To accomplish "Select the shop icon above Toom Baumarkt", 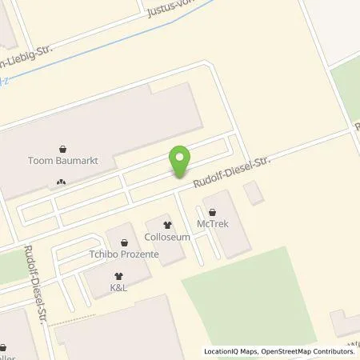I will tap(62, 148).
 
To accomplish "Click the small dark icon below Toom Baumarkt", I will tap(62, 182).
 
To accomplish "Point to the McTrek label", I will tap(212, 224).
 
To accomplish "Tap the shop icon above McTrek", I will tap(212, 211).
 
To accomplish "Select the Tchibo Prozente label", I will tap(122, 254).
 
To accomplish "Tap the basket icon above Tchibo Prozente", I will tap(123, 242).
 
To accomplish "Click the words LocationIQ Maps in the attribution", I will tap(231, 352).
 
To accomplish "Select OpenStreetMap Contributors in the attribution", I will tap(309, 352).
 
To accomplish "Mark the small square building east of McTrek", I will tap(253, 193).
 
